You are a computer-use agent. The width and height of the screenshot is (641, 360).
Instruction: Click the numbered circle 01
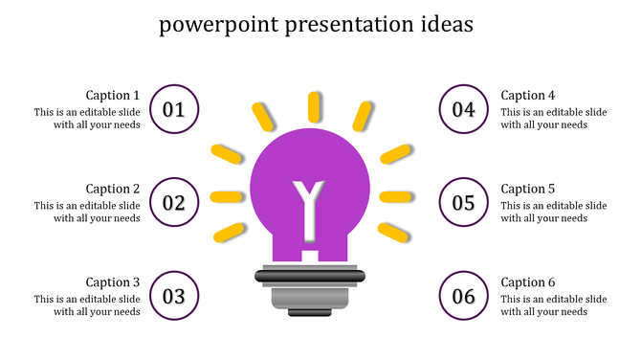tap(174, 109)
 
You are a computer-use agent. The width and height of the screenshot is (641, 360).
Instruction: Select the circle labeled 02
tap(174, 203)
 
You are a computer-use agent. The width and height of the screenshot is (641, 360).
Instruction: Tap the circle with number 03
tap(174, 296)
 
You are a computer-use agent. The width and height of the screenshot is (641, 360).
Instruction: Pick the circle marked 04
tap(464, 109)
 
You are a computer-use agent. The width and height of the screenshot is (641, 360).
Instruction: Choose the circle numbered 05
tap(464, 203)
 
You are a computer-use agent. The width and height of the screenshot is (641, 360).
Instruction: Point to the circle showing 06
tap(464, 296)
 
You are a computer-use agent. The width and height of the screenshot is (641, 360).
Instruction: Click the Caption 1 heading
tap(113, 95)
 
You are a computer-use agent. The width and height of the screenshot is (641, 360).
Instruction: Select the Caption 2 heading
tap(113, 189)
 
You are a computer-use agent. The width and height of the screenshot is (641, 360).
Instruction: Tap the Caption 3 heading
tap(113, 281)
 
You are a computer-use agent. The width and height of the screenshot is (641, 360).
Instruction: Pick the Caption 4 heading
tap(528, 95)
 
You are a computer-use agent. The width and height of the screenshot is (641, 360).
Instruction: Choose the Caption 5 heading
tap(528, 189)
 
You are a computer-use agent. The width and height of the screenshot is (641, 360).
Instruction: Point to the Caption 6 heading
tap(528, 281)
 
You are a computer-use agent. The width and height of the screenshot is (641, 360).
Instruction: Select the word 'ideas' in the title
tap(443, 24)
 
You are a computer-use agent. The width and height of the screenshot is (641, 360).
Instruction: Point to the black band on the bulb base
tap(310, 277)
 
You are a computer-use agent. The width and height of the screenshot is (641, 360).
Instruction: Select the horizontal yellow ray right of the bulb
tap(395, 197)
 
